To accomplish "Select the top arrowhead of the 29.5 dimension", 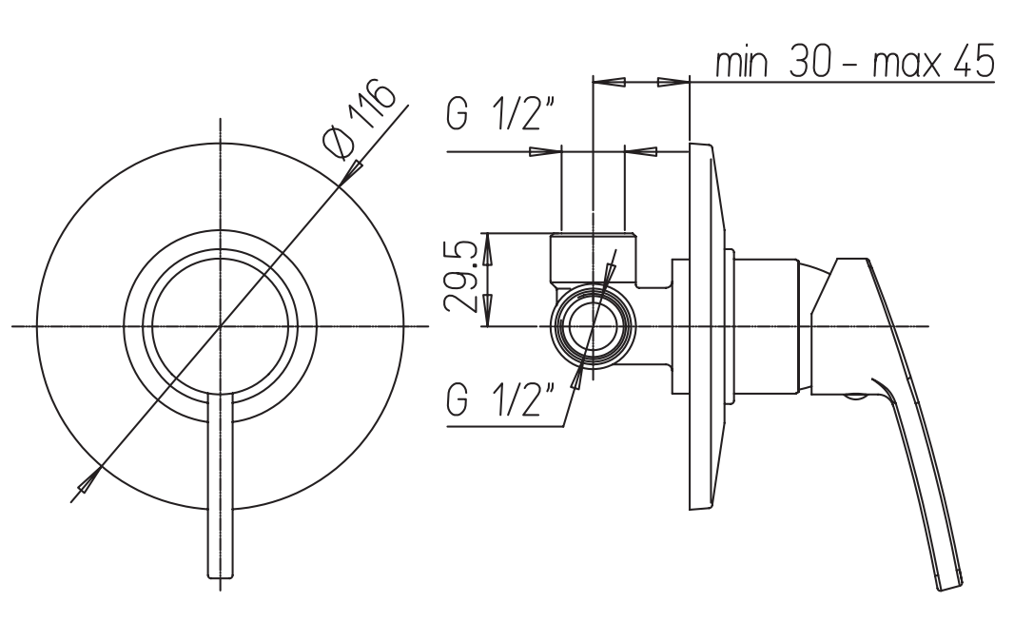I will tap(488, 248).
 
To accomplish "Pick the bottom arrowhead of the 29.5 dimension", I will tap(488, 311).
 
